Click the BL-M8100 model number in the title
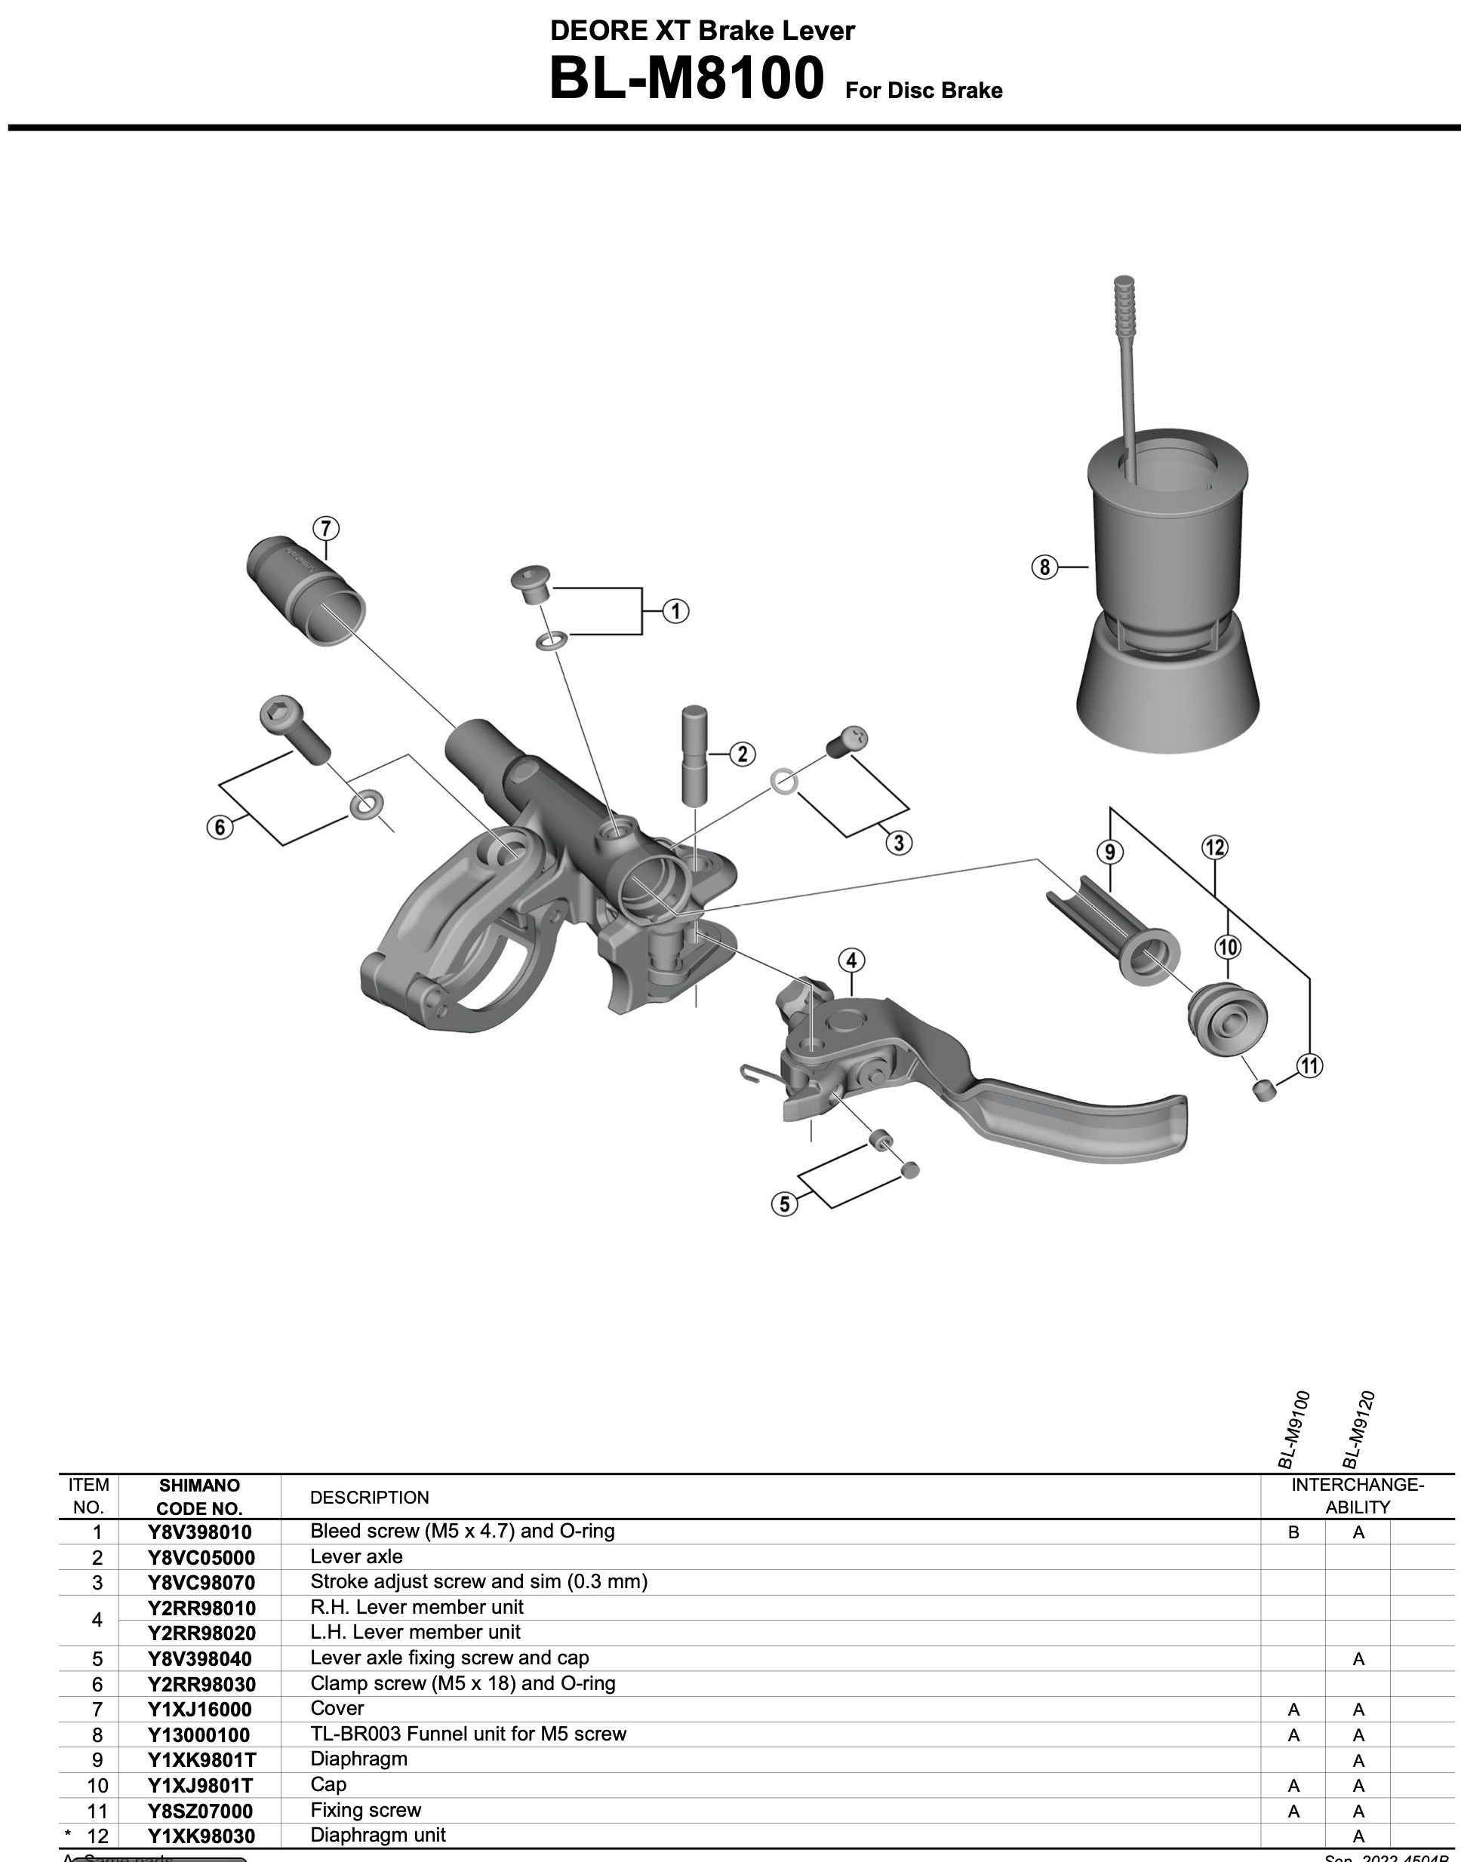pos(686,78)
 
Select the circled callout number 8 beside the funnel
pos(1044,567)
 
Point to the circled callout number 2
pos(742,754)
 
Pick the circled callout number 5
pos(784,1204)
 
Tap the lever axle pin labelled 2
pos(694,753)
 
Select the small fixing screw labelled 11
pos(1263,1089)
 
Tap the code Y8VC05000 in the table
pos(201,1556)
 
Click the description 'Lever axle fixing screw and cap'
pos(449,1658)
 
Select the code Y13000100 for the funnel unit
pos(198,1734)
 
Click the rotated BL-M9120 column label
pos(1358,1427)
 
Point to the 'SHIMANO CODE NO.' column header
pos(199,1497)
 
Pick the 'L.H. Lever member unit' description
pos(415,1632)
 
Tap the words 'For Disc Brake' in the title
pos(924,91)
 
